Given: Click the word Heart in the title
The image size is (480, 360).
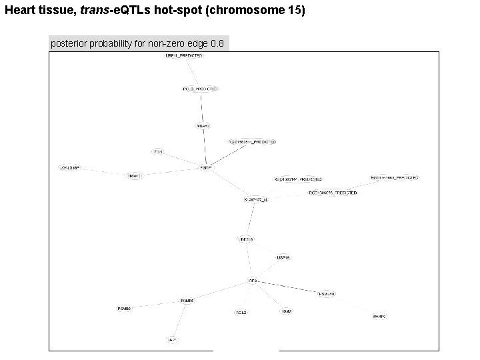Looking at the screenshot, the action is click(x=19, y=11).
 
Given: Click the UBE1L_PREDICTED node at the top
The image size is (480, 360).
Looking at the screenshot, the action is click(x=183, y=56).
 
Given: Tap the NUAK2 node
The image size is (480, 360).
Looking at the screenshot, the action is click(x=203, y=125).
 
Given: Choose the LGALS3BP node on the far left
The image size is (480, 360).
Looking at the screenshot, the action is click(x=70, y=167).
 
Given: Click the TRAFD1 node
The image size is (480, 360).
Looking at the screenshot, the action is click(x=135, y=176).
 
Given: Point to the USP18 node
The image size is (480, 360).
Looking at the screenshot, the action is click(x=283, y=257).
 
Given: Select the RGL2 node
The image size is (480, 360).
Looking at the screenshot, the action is click(x=241, y=312).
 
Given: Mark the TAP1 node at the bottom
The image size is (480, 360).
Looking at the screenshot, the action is click(x=172, y=340).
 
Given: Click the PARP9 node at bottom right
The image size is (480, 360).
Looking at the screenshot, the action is click(x=379, y=317).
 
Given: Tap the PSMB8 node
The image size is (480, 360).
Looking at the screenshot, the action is click(x=187, y=301).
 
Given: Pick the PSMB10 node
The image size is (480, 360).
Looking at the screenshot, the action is click(x=326, y=293).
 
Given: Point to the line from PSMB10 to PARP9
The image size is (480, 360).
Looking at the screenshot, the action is click(x=353, y=305).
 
